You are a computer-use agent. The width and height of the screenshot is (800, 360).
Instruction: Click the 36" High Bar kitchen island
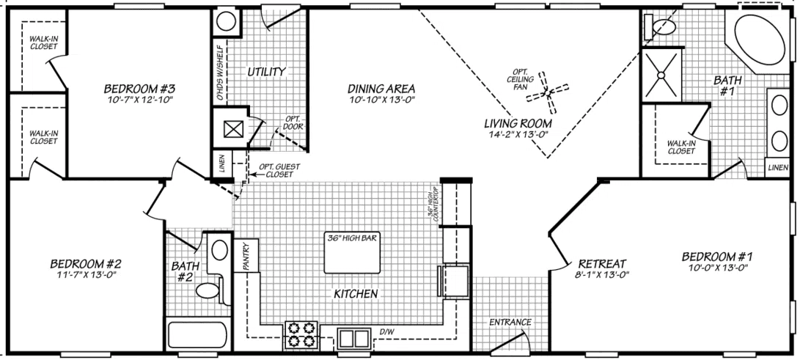pos(353,252)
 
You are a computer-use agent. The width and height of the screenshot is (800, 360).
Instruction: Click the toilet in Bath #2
pos(209,290)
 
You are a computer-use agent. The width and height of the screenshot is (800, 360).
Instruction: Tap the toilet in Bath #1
pos(655,27)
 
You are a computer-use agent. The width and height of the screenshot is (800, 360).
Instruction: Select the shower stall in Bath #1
pos(661,74)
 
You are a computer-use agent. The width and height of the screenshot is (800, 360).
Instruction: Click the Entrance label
pos(510,322)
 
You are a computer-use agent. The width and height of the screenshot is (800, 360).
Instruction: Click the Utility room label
pos(265,72)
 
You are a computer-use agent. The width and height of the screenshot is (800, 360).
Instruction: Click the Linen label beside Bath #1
pos(778,168)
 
